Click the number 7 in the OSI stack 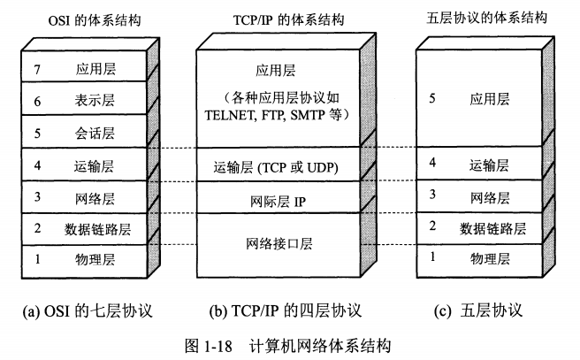(38, 67)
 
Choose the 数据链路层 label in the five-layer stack (493, 227)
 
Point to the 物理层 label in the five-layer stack (491, 258)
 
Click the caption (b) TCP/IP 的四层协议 (285, 310)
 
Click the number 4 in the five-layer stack (433, 163)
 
